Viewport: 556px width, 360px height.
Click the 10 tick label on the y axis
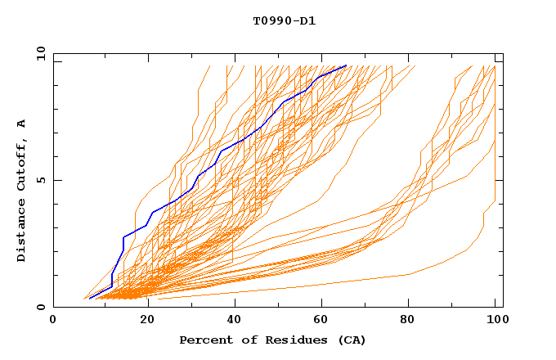(38, 53)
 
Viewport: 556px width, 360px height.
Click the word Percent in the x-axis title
(203, 340)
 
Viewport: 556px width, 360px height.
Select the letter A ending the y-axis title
(21, 124)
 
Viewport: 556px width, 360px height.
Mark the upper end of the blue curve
(347, 65)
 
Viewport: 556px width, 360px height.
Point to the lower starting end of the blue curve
(89, 298)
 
